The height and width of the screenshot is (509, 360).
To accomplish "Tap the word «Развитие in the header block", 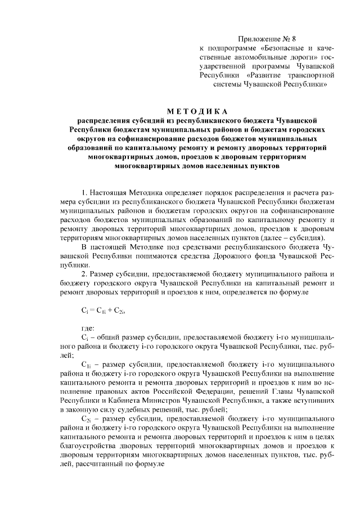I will coord(268,74).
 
